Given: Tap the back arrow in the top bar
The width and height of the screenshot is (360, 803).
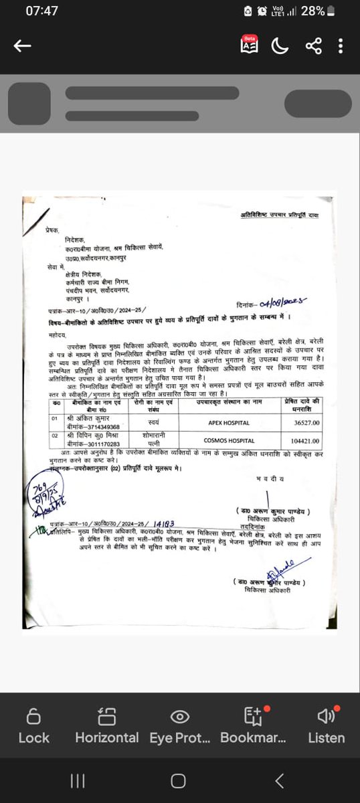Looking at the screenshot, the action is (23, 46).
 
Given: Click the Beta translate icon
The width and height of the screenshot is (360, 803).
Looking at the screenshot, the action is (250, 46).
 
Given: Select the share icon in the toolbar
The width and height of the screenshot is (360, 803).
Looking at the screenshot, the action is (313, 46).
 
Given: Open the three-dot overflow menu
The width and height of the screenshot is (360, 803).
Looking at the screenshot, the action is (341, 46).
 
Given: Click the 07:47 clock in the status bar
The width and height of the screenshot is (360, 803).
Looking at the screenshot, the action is (41, 11).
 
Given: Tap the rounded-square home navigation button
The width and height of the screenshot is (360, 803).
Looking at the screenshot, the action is (178, 781).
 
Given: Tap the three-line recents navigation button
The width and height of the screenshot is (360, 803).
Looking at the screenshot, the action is (78, 781).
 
